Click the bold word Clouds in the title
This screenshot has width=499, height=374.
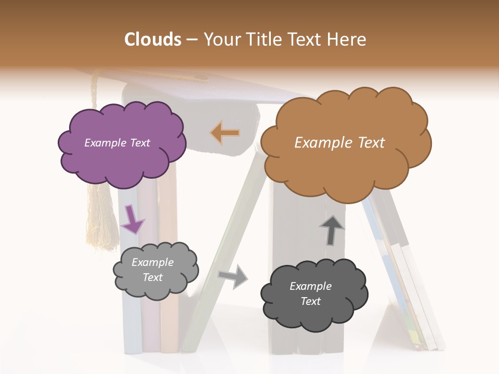153,39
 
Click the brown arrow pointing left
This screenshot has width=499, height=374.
225,133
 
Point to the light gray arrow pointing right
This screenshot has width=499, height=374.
233,276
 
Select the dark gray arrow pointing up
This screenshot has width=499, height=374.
331,230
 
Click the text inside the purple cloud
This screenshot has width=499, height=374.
117,143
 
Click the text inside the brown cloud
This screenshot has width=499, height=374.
339,143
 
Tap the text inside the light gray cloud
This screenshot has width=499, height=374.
152,270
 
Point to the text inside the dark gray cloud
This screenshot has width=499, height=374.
310,293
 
